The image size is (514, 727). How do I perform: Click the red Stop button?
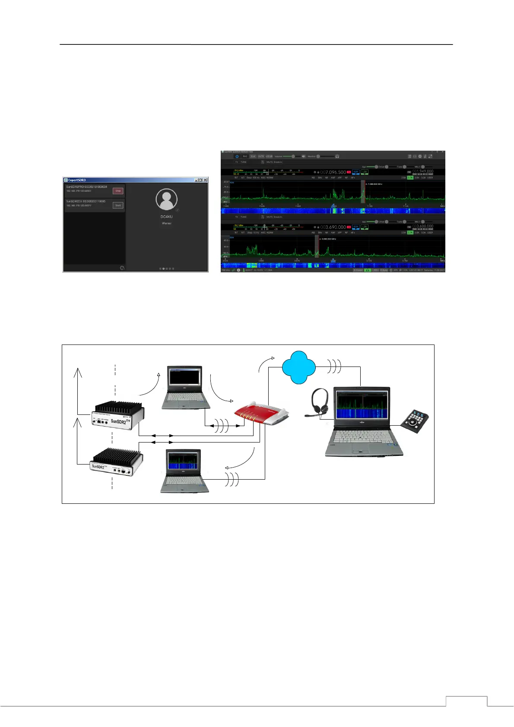(118, 191)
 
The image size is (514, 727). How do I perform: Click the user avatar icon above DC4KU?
(166, 199)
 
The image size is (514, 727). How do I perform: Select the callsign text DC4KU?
(166, 217)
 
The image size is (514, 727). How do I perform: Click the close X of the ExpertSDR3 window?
(205, 180)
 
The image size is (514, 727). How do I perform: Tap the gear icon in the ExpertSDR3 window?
(122, 268)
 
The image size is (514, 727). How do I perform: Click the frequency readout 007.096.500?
(333, 172)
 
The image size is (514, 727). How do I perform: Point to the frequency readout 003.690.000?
(333, 227)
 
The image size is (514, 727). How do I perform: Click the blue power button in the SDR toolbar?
(237, 156)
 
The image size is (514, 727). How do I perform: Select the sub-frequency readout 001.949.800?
(423, 171)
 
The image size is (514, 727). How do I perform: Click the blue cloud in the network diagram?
(298, 367)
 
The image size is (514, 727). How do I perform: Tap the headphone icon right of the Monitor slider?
(337, 156)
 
